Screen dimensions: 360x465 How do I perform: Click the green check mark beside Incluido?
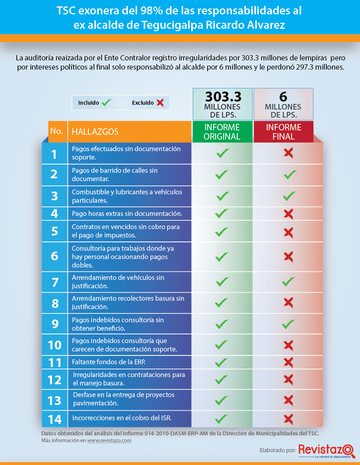point(106,103)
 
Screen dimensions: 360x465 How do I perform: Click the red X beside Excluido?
point(160,103)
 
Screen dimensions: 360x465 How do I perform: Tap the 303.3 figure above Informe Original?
point(223,97)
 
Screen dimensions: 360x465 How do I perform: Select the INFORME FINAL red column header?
point(284,132)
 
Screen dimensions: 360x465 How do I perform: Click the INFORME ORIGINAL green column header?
point(222,132)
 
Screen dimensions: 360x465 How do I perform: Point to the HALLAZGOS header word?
point(95,132)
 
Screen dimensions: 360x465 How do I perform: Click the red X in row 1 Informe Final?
point(288,153)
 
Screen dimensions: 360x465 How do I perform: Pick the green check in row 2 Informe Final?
point(290,174)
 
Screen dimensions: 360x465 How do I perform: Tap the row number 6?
point(55,256)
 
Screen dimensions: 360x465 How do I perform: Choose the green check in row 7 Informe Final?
point(288,281)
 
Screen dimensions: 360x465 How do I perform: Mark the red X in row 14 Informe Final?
point(288,419)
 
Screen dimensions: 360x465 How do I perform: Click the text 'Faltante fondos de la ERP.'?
point(109,362)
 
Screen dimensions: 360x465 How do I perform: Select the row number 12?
point(55,380)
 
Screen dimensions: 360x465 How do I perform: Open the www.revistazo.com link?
point(109,440)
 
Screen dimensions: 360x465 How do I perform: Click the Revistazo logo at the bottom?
point(326,451)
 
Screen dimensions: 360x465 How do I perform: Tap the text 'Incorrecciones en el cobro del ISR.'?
point(122,418)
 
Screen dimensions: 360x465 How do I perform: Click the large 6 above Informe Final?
point(283,97)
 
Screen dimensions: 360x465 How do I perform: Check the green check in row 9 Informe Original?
point(222,324)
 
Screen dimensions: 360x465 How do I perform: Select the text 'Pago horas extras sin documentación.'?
point(127,214)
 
